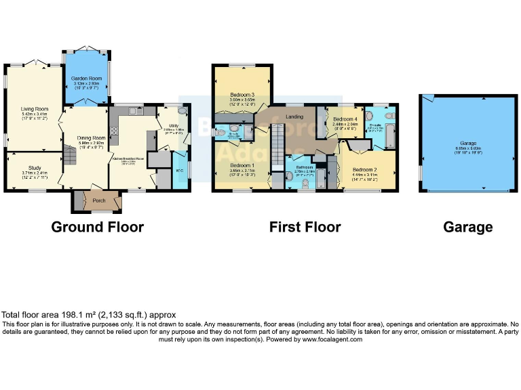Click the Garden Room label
86,79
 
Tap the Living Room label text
34,109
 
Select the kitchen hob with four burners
113,130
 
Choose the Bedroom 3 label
242,94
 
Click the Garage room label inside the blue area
468,144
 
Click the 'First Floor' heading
305,227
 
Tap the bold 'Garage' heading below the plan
467,227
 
